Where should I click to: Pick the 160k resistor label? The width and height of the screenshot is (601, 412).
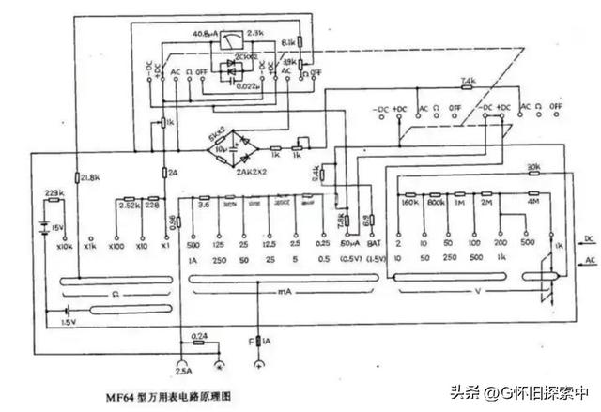point(408,201)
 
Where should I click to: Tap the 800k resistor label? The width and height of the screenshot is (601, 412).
point(436,201)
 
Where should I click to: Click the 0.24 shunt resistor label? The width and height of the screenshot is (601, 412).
point(199,335)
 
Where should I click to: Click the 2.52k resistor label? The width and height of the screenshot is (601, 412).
point(129,203)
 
